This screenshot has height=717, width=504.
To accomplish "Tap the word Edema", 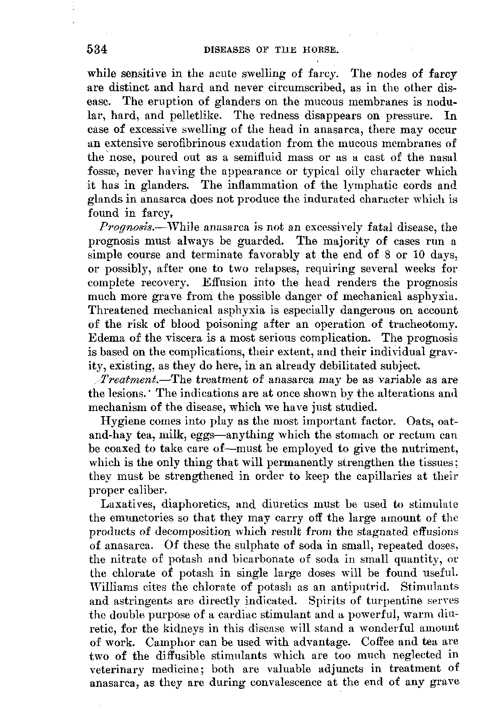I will click(103, 338).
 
